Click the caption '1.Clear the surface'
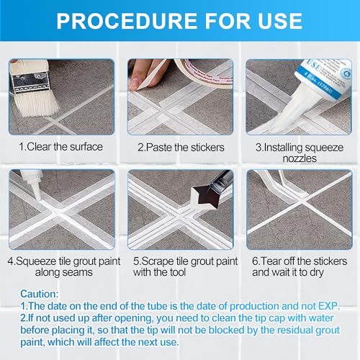coord(60,147)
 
